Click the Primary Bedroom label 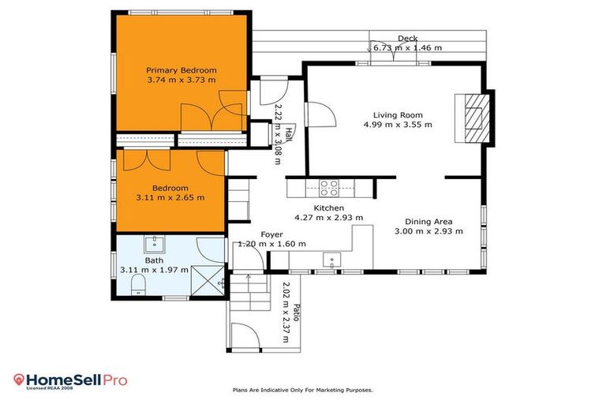coord(181,70)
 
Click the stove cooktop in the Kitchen coord(329,187)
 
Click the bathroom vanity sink coord(155,242)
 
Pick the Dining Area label coord(428,222)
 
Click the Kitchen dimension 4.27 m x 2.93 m coord(328,218)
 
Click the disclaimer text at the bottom coord(302,390)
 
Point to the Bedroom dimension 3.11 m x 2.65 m coord(170,198)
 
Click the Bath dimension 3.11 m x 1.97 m coord(155,270)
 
